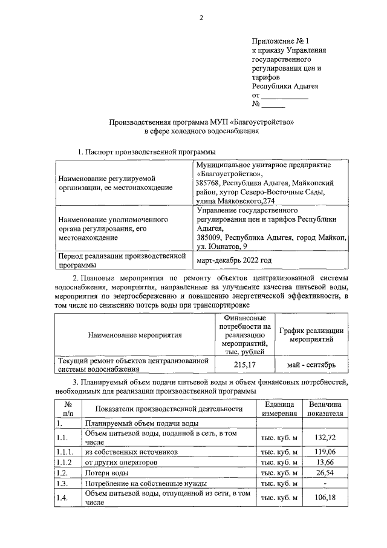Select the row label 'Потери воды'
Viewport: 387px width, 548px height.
106,473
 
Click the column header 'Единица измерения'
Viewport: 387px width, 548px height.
279,409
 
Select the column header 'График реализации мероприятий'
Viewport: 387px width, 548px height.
311,334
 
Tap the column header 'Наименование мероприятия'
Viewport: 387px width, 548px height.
134,334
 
